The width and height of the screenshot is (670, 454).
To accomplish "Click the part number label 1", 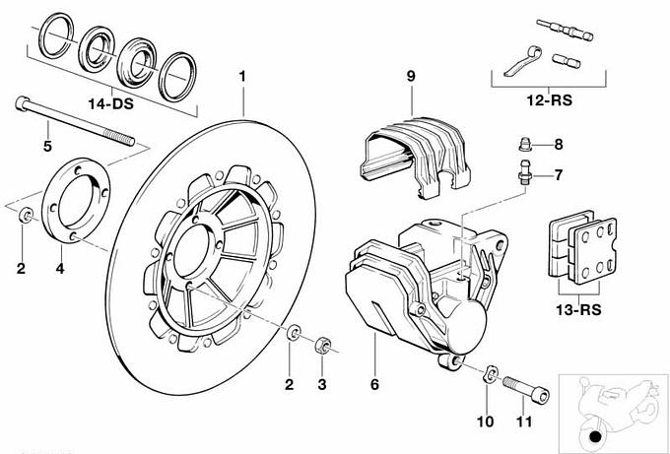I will coord(242,76).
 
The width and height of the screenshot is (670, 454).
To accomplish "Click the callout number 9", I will coord(411,76).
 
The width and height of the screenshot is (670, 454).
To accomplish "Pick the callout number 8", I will coord(558,145).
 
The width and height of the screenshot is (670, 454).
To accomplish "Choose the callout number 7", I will coord(558,176).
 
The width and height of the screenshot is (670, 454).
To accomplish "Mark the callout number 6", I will coord(374,384).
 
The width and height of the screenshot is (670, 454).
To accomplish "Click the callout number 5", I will coord(46,148).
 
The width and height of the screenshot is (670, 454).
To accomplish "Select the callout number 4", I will coord(59,267).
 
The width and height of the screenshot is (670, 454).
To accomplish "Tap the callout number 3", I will coord(320,383).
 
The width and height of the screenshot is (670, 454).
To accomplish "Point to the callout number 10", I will coord(483,422).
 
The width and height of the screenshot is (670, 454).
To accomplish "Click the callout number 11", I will coord(523,422).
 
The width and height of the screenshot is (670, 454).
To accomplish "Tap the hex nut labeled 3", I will coord(320,347).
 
